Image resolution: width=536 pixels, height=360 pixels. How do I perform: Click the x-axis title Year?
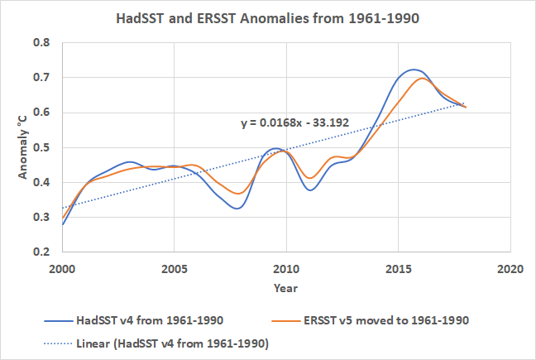pos(286,288)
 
